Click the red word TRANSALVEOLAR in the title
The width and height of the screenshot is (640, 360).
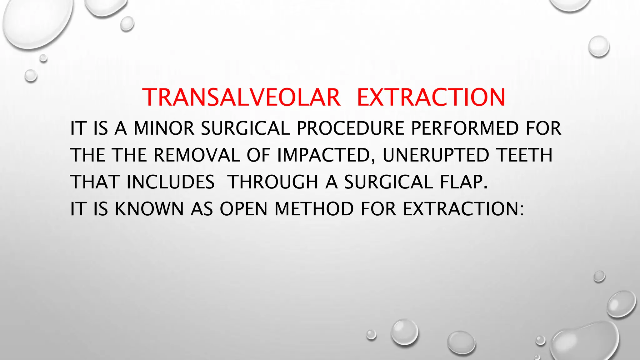241,97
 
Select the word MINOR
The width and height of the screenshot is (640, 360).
164,128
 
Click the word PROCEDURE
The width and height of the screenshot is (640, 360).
350,128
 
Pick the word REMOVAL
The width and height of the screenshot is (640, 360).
197,155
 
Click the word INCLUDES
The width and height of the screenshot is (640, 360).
171,182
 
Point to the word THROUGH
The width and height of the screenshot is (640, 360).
272,182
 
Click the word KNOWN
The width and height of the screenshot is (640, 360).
149,209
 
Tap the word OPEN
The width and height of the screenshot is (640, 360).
243,209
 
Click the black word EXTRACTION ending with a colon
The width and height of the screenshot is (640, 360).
462,209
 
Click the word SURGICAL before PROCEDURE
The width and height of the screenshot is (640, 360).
245,128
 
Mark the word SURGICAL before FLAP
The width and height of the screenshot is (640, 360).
388,182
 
